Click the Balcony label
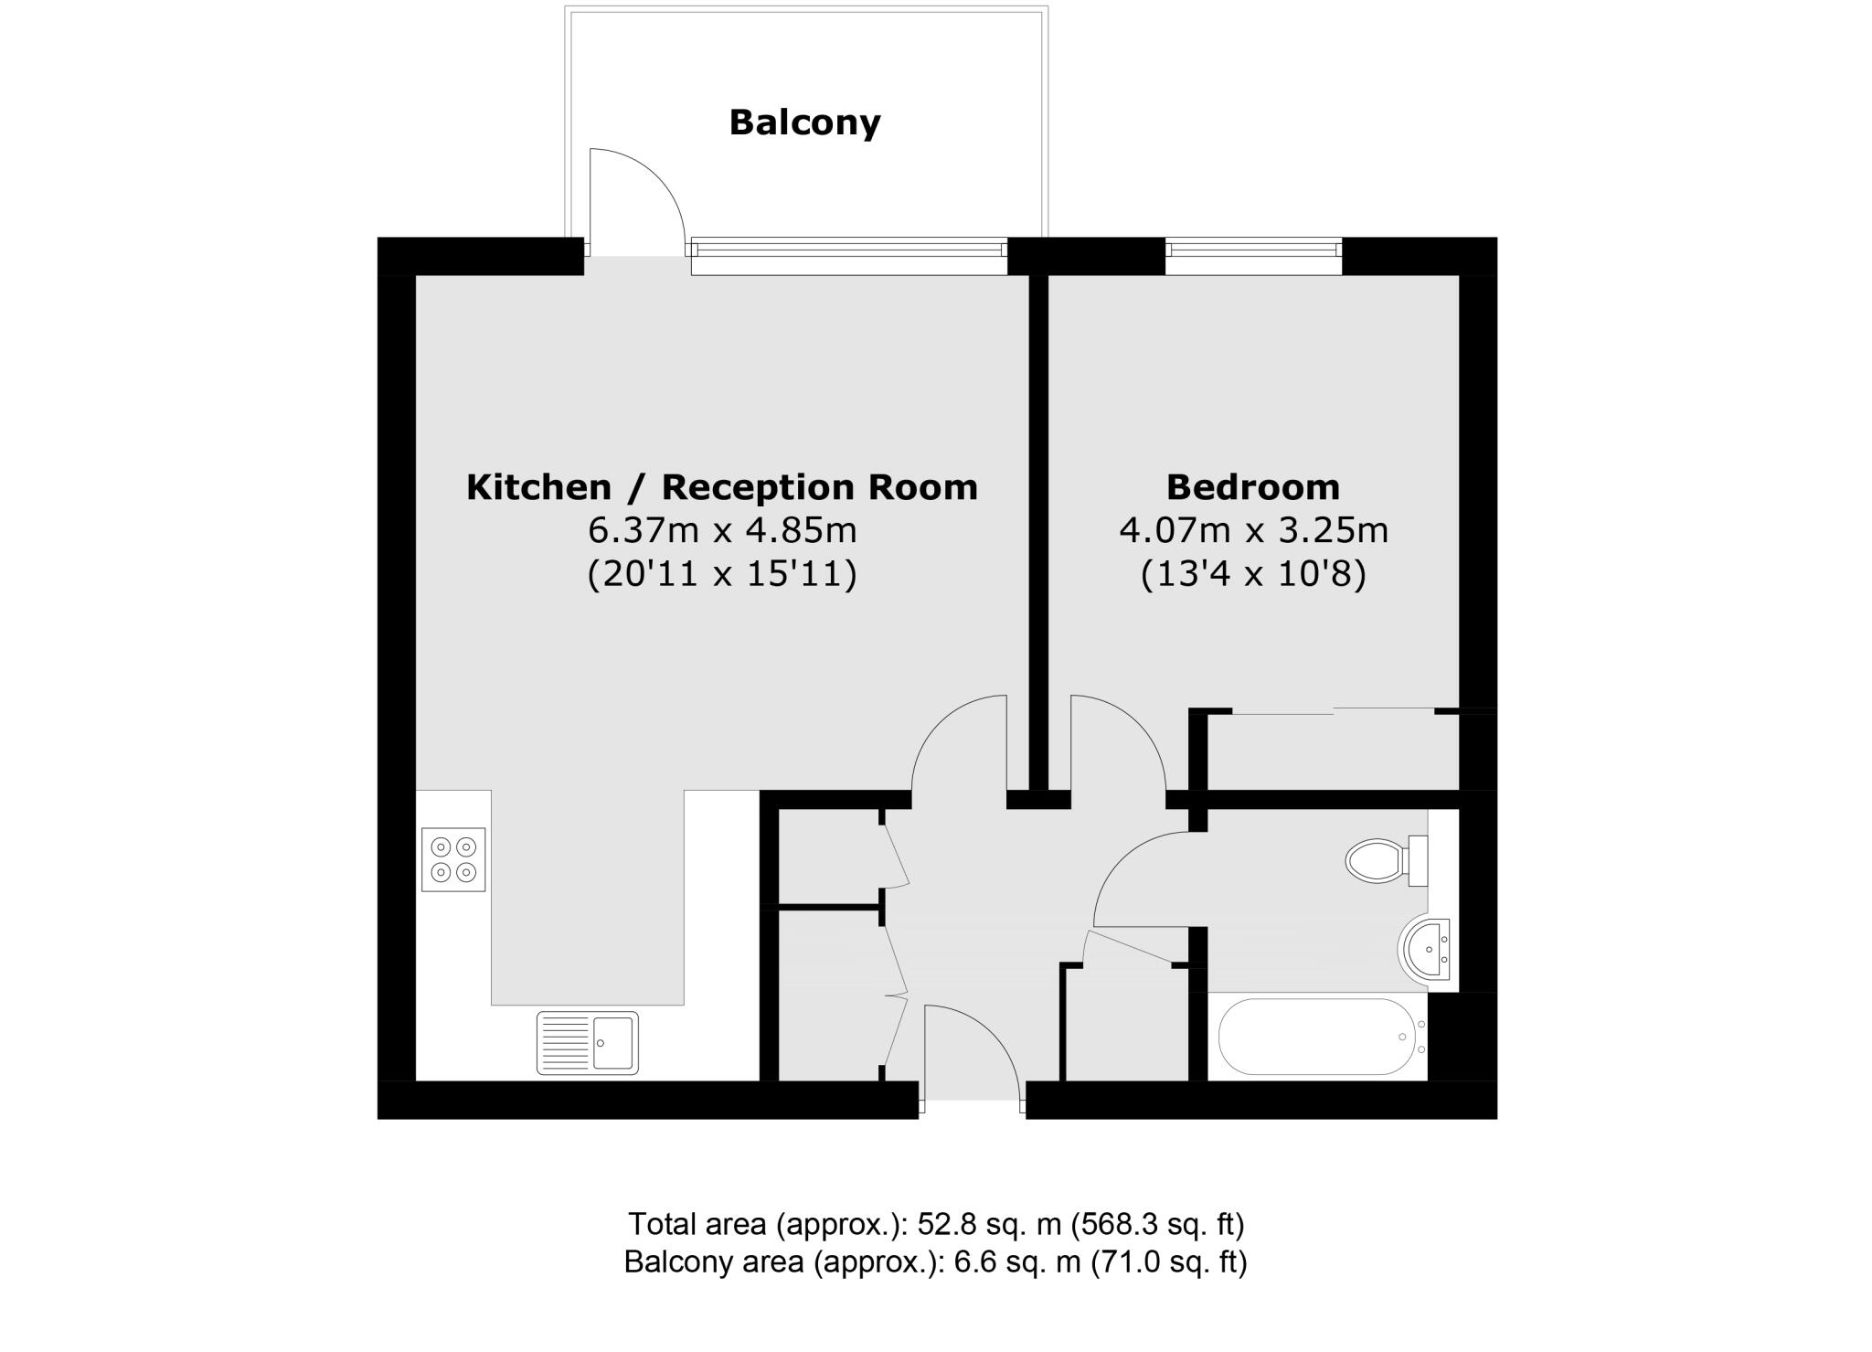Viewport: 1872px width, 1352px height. click(804, 122)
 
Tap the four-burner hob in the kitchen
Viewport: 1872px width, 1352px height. click(453, 859)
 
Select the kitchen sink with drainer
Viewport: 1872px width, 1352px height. click(588, 1042)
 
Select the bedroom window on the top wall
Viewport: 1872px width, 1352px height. click(1253, 255)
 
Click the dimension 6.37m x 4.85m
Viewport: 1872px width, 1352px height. click(722, 530)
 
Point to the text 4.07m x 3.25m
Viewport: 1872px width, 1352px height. click(1253, 530)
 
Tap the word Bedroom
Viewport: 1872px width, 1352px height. click(1253, 487)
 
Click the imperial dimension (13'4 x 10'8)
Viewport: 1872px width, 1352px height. click(1253, 575)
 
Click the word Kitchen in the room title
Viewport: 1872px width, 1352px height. click(538, 487)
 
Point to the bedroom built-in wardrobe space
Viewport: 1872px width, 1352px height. click(1332, 751)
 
